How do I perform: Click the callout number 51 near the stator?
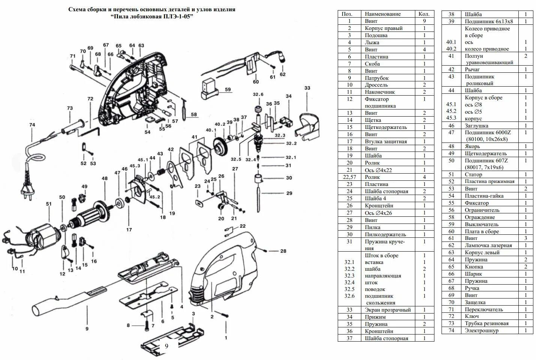[49, 204]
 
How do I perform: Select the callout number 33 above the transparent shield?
[307, 88]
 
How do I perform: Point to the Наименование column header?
[383, 14]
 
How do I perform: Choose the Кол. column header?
[424, 14]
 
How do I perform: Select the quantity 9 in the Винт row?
[424, 21]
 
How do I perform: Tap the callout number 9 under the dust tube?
[87, 328]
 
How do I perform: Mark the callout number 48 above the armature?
[105, 178]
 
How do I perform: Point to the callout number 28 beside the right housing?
[283, 251]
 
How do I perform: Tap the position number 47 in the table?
[451, 132]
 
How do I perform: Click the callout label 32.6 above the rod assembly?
[258, 94]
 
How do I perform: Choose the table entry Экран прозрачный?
[388, 310]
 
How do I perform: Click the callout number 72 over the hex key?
[90, 99]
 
